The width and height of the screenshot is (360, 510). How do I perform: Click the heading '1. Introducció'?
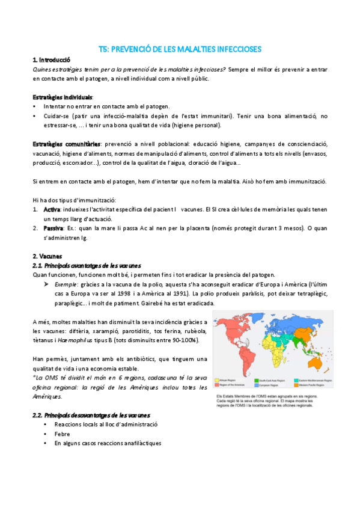click(51, 60)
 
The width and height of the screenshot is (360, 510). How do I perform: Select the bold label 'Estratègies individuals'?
click(62, 97)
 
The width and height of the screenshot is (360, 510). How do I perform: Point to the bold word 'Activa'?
click(52, 209)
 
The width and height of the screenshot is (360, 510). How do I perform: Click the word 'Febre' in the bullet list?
click(62, 433)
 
